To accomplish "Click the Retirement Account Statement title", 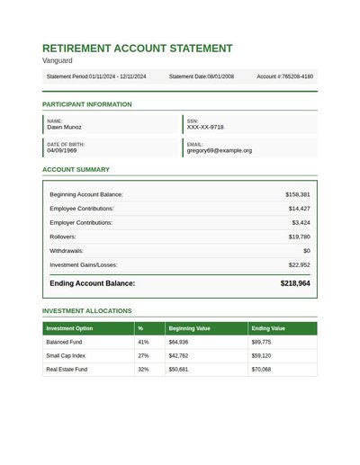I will (x=137, y=49).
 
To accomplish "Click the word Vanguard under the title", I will (x=58, y=61).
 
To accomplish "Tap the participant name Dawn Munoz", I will (x=66, y=128).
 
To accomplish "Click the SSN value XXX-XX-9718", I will (x=205, y=128).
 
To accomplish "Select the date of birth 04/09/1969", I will (x=62, y=151).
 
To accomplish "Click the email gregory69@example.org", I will (x=220, y=151).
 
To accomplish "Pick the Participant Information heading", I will (x=86, y=104).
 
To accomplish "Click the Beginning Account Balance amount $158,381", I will (x=297, y=194).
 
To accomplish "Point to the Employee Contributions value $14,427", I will (x=299, y=209).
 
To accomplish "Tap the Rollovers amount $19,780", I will (x=299, y=237).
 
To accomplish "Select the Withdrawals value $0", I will (x=306, y=251).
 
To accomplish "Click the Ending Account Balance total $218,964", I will (x=295, y=283).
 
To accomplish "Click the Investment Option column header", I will (x=69, y=328).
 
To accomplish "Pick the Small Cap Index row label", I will (x=66, y=356).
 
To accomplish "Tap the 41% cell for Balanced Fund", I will (x=143, y=343).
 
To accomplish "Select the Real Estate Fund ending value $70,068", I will (x=261, y=370).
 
